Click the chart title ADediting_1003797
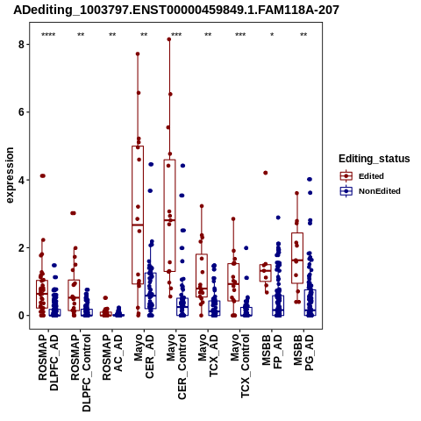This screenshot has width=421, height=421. (x=176, y=10)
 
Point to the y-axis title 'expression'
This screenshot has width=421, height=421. (x=10, y=175)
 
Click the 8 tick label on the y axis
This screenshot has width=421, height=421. (x=21, y=45)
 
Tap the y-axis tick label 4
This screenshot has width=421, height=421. (x=21, y=180)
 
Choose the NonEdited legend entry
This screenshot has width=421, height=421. (x=370, y=191)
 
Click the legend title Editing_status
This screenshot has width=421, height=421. (x=375, y=159)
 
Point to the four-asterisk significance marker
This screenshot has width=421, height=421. (x=48, y=35)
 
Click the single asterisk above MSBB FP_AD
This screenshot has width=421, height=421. (x=272, y=35)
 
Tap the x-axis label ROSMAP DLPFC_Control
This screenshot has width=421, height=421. (x=81, y=373)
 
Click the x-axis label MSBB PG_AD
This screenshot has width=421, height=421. (x=303, y=353)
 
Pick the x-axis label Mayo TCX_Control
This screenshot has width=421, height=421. (x=239, y=367)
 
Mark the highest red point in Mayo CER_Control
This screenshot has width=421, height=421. (x=169, y=39)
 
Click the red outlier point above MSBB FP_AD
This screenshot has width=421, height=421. (x=266, y=173)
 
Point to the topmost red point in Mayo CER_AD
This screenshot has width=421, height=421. (x=138, y=54)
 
